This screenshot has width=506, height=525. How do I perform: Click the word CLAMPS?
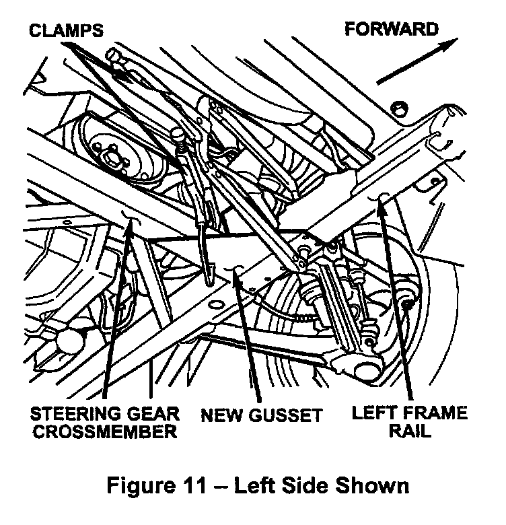(x=66, y=31)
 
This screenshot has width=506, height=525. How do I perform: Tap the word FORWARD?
(x=392, y=29)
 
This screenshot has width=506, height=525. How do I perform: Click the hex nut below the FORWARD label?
(x=397, y=107)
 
